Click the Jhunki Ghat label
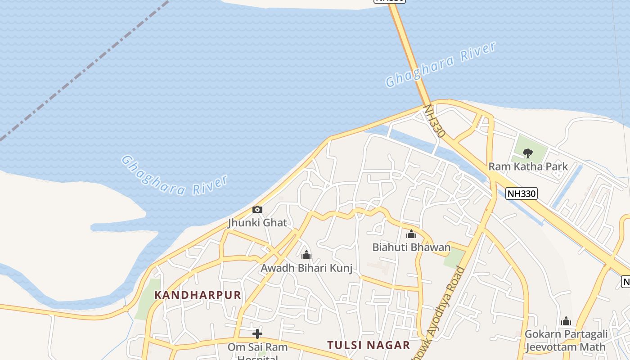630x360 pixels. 257,223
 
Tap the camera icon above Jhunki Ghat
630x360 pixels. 257,209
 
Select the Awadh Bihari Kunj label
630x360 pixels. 306,268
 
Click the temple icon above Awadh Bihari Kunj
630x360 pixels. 306,255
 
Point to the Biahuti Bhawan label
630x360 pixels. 411,247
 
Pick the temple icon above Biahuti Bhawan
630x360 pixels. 411,234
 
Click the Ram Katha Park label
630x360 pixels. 528,166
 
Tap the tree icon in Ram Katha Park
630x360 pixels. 528,153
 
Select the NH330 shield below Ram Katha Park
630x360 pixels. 522,193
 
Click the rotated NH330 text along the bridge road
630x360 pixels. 435,121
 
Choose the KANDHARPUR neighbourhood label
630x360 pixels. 198,295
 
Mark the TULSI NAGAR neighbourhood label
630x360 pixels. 369,345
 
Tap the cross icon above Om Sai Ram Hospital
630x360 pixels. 257,334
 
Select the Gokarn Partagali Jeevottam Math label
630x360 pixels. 566,341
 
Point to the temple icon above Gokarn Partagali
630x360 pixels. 566,321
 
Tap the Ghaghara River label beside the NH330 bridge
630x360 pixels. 441,64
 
